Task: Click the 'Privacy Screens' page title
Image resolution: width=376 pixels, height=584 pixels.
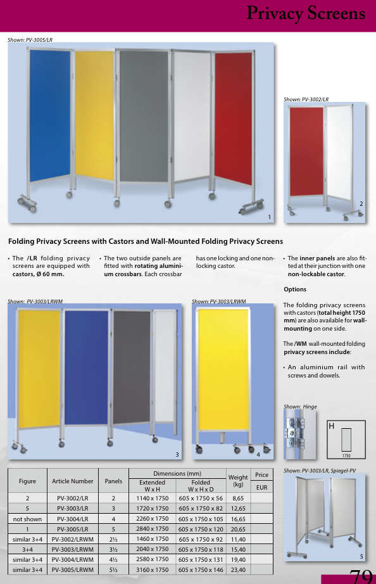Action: click(x=306, y=13)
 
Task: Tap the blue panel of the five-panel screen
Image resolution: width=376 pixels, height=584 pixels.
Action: click(x=50, y=116)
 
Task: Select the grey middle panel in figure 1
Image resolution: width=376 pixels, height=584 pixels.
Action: click(x=144, y=116)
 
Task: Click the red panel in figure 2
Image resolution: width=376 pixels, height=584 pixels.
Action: click(x=306, y=151)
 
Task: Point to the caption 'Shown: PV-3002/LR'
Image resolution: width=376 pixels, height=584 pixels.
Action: click(x=306, y=99)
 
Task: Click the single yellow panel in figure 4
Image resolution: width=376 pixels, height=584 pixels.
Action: click(x=223, y=370)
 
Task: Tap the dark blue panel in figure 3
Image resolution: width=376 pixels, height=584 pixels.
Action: click(x=86, y=367)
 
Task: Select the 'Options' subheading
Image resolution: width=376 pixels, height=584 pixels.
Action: click(x=295, y=289)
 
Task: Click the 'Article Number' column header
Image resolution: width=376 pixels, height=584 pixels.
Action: click(x=73, y=481)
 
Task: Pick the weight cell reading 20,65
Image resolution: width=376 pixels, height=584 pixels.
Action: click(x=238, y=529)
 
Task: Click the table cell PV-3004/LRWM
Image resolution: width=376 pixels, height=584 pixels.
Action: click(x=73, y=559)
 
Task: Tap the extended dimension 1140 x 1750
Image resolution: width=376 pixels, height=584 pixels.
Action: click(x=153, y=498)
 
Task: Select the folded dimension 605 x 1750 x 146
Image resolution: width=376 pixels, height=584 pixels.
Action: click(x=201, y=569)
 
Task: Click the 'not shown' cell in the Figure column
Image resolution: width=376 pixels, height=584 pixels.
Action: click(x=27, y=519)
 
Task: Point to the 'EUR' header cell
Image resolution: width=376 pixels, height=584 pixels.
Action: click(x=261, y=487)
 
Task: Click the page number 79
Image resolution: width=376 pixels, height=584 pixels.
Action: click(x=360, y=576)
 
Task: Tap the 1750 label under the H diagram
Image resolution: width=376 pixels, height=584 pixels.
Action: click(x=346, y=455)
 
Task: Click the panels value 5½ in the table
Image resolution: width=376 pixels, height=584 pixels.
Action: click(x=113, y=569)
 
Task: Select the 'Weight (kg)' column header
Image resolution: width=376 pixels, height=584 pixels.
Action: click(x=238, y=481)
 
